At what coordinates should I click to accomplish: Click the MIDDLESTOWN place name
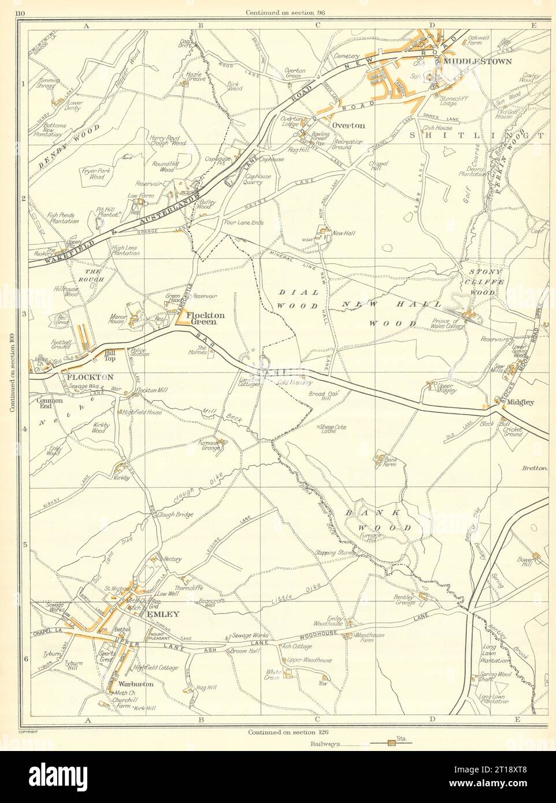pos(483,60)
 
